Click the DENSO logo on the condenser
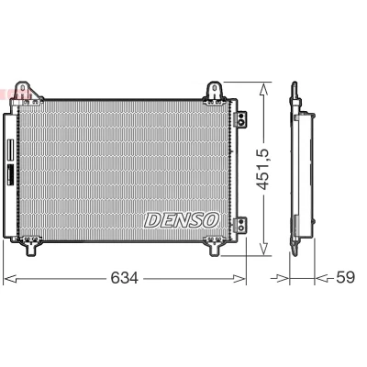182,220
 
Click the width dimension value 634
125,278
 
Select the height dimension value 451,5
262,169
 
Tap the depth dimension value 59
345,277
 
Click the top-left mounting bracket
27,92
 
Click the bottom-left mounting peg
31,247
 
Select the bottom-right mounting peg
215,247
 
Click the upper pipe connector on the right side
240,118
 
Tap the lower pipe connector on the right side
240,224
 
